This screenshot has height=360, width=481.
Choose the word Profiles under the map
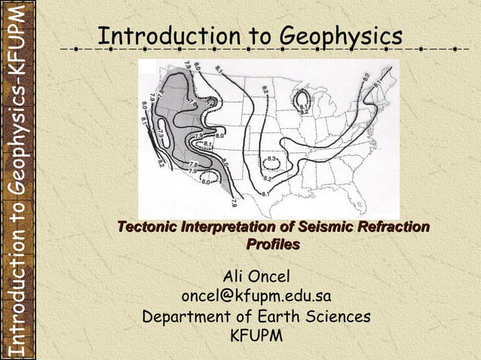(273, 244)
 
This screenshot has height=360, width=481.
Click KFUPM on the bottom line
(256, 336)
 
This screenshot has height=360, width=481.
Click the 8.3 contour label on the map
(273, 159)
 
